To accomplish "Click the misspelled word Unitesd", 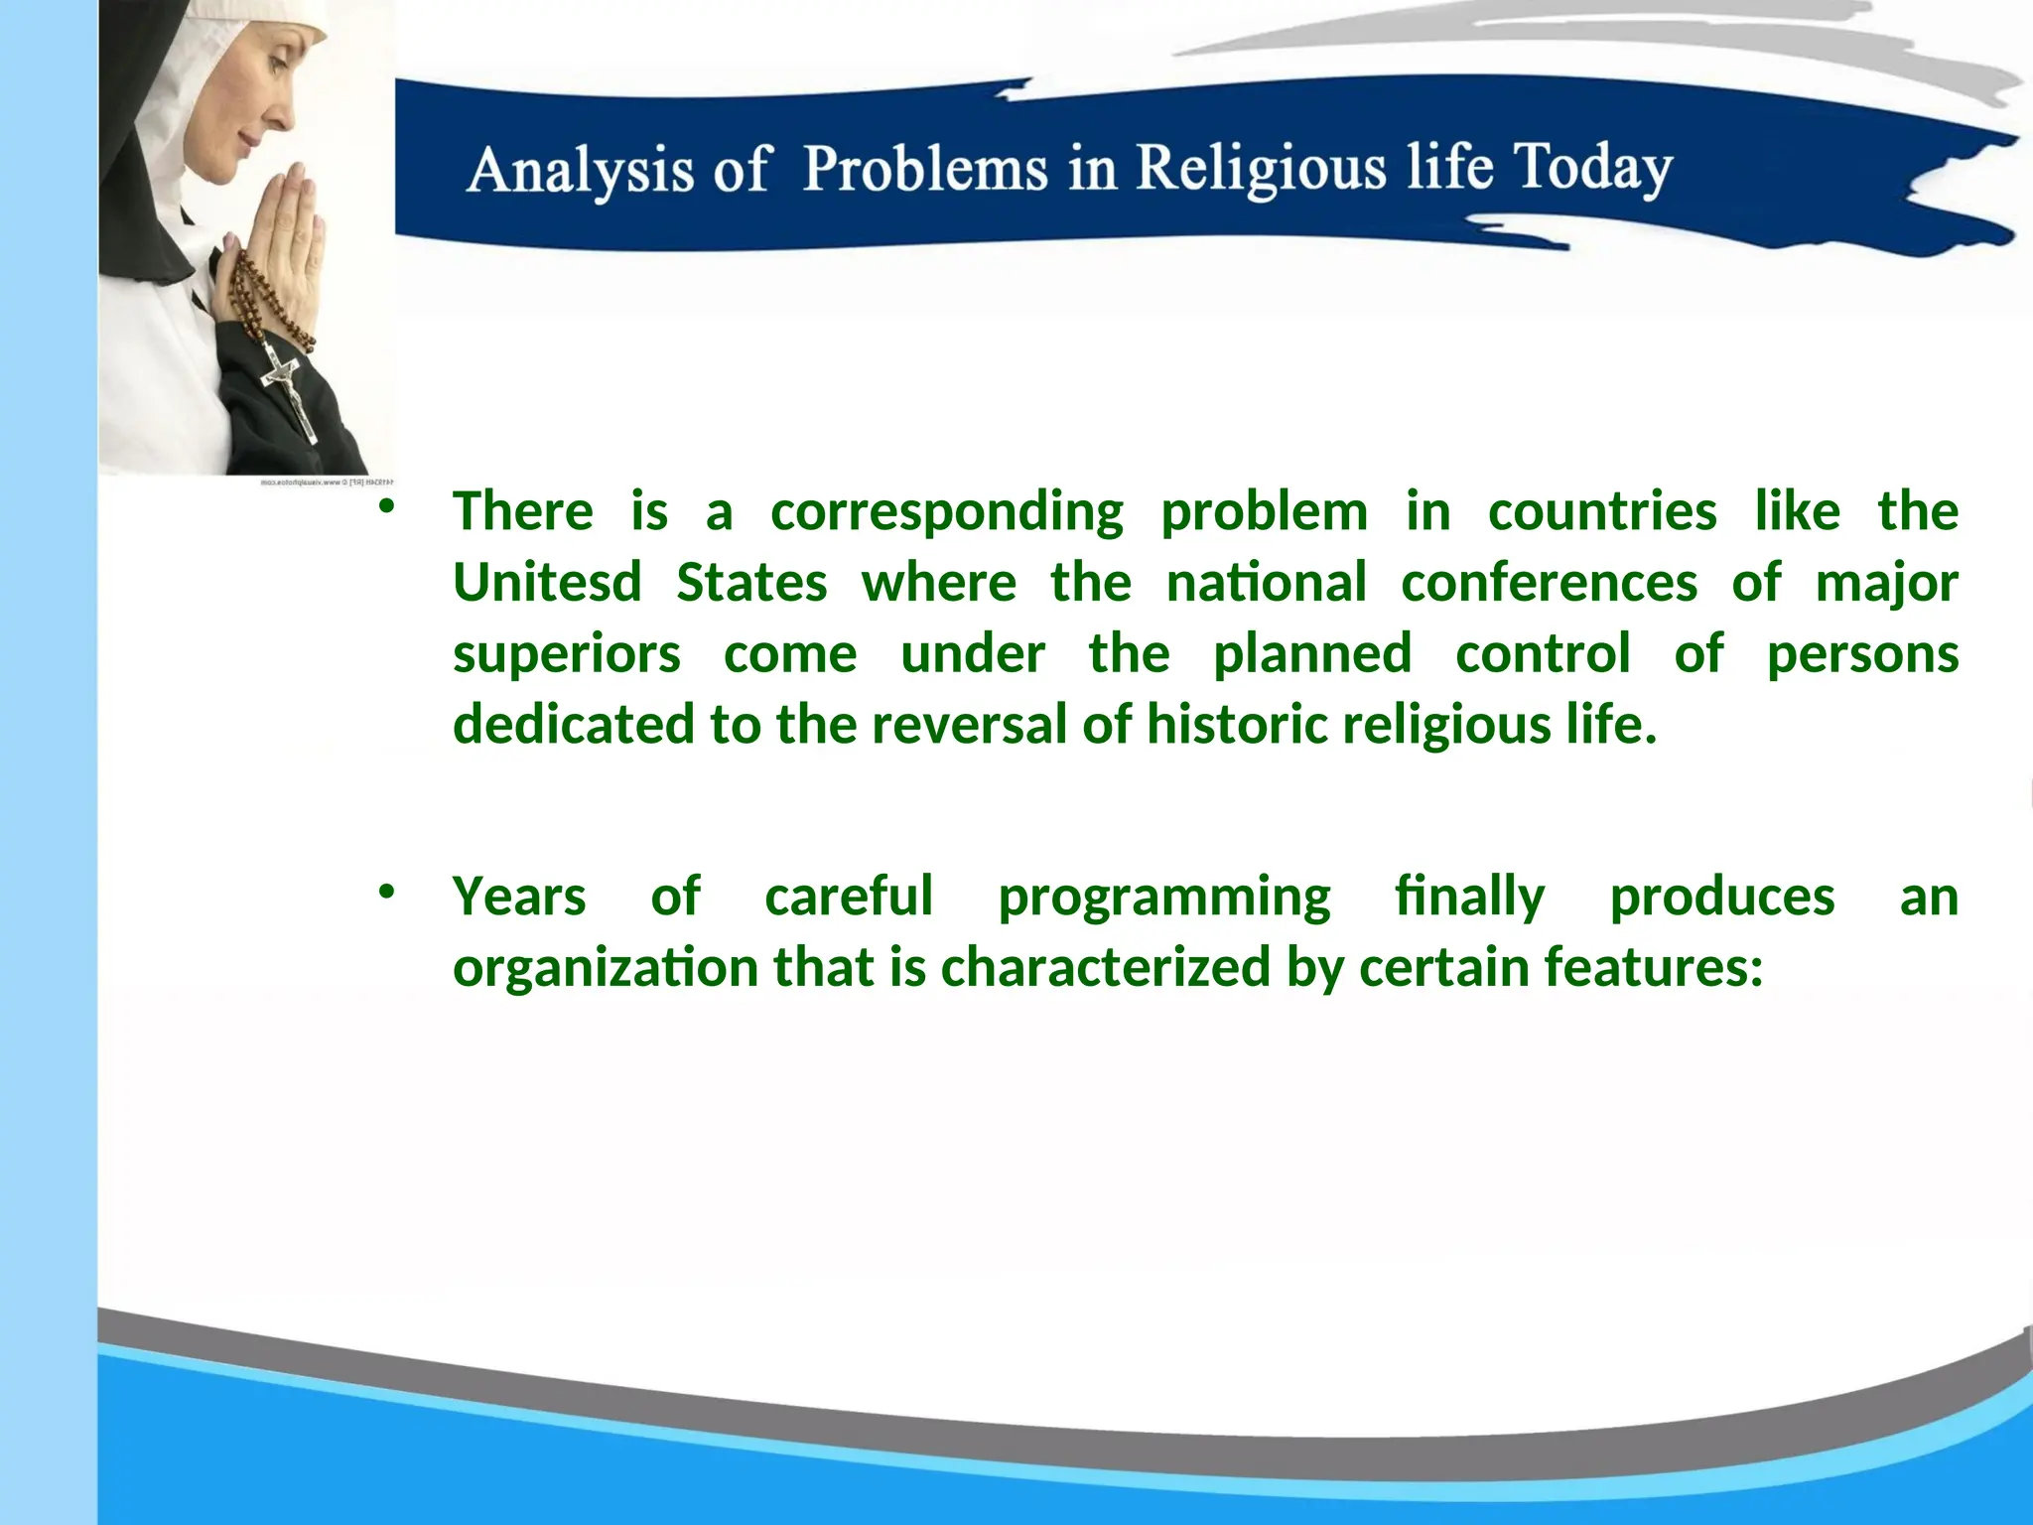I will coord(547,582).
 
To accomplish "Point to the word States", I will coord(751,582).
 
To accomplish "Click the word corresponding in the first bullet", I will coord(946,512).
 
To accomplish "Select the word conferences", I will coord(1549,582).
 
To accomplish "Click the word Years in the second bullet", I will coord(519,897).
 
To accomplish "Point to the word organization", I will coord(606,968).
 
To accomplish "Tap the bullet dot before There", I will coord(386,507).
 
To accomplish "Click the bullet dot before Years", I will coord(386,892).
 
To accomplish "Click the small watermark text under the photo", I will coord(327,483).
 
